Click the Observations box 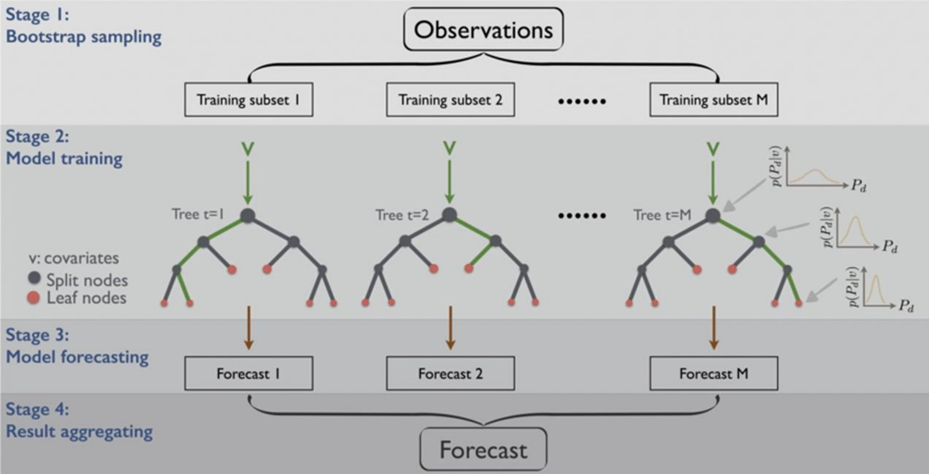coord(483,29)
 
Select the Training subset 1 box coord(248,100)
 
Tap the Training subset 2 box coord(450,100)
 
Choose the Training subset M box coord(713,100)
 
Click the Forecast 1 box coord(248,373)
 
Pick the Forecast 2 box coord(450,373)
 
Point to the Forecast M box coord(713,373)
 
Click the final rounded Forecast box coord(483,450)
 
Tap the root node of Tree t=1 coord(248,216)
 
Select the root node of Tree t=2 coord(450,215)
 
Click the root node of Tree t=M coord(713,216)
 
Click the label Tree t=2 coord(402,215)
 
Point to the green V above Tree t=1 coord(248,149)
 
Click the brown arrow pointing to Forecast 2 coord(450,328)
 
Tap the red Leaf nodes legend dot coord(33,298)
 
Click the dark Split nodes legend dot coord(34,278)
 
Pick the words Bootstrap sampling coord(83,37)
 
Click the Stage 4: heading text coord(37,409)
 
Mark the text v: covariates coord(74,258)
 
